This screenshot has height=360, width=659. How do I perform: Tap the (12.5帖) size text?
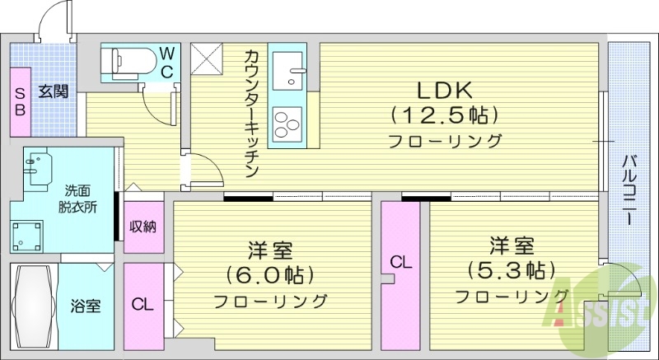coord(446,113)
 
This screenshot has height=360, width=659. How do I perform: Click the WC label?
coord(166,63)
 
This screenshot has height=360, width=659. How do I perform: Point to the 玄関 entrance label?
coord(54,91)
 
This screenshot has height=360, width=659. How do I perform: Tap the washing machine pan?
coord(28,235)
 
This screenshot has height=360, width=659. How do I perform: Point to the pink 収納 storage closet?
coord(143,226)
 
